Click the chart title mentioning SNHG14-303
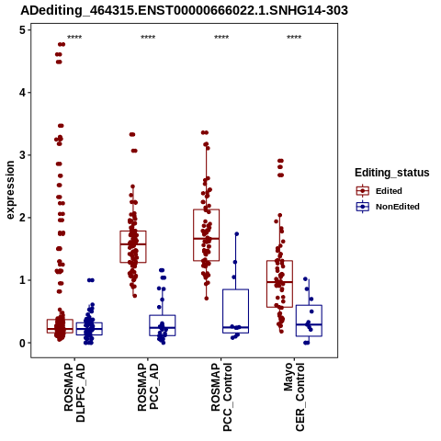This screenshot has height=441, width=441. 184,11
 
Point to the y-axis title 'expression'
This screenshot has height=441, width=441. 10,190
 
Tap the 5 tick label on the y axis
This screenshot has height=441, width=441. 23,30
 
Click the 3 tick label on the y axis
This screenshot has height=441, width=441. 23,155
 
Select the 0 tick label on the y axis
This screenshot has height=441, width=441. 23,343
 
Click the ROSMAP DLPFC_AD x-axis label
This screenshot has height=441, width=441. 74,392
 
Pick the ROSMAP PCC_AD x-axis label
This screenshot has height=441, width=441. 148,387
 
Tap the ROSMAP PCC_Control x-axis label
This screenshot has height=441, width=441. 221,397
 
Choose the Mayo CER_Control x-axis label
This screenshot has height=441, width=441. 294,397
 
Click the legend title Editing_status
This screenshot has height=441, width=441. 392,173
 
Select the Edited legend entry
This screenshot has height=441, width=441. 379,191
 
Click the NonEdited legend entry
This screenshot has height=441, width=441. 388,207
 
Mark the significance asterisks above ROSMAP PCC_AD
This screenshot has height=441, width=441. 148,38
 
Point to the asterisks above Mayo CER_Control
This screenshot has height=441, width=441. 294,38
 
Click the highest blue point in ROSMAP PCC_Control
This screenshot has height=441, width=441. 236,234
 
